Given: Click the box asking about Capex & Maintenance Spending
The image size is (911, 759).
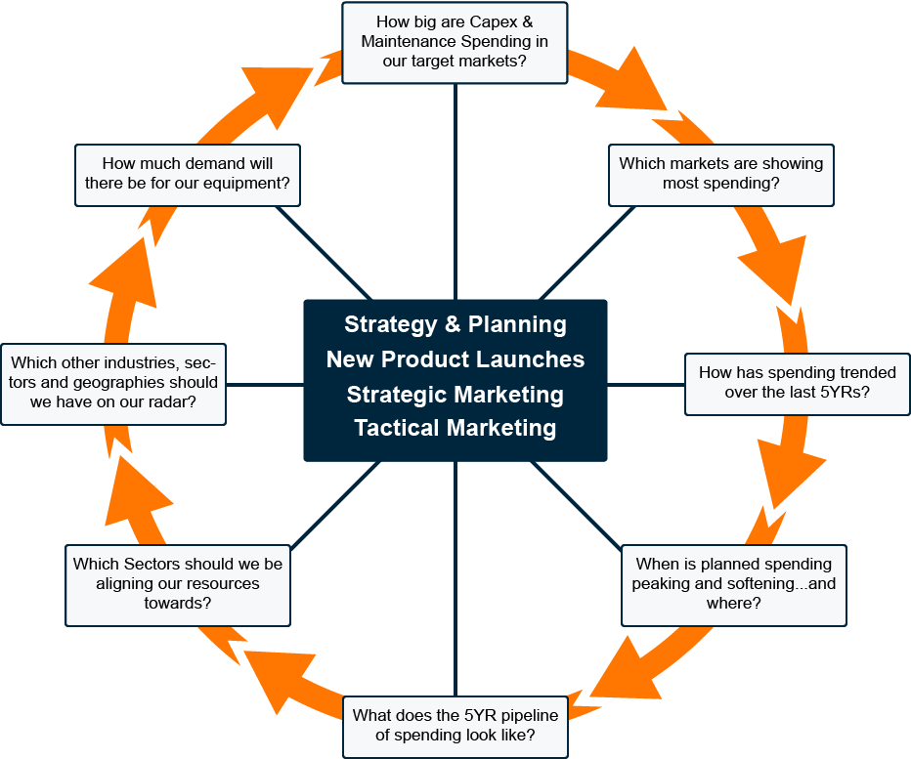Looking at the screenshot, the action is tap(455, 43).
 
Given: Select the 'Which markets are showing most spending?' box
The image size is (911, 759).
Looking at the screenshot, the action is tap(721, 176).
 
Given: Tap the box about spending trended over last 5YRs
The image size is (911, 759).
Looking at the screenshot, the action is tap(798, 385).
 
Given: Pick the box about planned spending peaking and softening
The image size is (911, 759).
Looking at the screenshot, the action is tap(734, 585).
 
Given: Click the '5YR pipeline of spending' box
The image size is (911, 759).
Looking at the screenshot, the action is tap(455, 727).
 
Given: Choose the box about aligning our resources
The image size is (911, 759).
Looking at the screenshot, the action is tap(178, 585).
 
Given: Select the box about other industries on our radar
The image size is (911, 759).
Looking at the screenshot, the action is tap(113, 385).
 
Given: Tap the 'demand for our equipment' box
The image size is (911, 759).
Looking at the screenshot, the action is tap(188, 176).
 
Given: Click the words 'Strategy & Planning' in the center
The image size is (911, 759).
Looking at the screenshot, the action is tap(455, 324).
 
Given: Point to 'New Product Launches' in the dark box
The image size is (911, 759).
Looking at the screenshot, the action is tap(455, 359).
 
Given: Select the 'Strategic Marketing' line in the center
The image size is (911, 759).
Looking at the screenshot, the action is tap(455, 395).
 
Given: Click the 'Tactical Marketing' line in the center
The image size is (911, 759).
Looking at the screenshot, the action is tap(455, 428).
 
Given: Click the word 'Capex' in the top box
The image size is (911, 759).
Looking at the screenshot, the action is tap(494, 22).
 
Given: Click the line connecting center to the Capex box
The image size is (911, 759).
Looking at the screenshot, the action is tap(455, 191).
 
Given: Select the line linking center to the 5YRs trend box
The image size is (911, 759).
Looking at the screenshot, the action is tap(646, 385).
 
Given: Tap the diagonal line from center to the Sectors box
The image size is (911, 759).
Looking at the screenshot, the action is tap(335, 505).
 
